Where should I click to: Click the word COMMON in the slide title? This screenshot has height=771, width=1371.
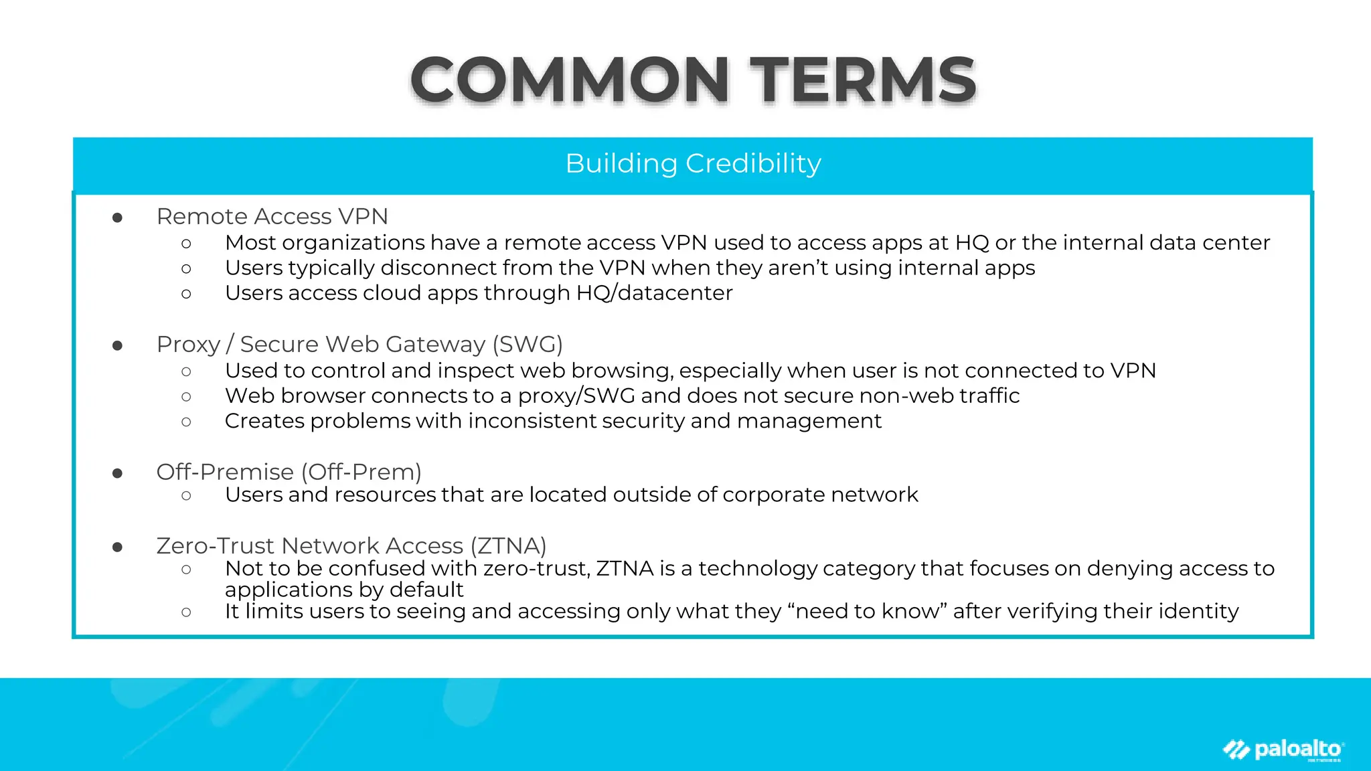(x=570, y=80)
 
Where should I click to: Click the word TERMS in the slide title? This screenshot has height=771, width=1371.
(x=863, y=80)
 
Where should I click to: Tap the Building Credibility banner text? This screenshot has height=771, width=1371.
(x=693, y=164)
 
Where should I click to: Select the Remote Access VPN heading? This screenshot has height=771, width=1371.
(x=272, y=217)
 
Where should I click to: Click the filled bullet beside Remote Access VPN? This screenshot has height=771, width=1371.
(x=118, y=218)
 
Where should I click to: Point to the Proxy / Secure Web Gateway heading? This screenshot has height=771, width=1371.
(x=359, y=345)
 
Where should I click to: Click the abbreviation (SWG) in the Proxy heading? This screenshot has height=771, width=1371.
(x=528, y=345)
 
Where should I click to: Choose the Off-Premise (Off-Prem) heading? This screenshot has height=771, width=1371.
(x=289, y=473)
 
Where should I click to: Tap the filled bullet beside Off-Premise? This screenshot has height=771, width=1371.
(x=118, y=474)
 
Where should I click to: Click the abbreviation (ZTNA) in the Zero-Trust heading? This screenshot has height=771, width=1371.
(x=508, y=546)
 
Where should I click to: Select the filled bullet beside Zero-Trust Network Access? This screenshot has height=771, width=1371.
(x=118, y=547)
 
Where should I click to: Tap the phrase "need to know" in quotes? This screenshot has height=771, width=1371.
(x=868, y=611)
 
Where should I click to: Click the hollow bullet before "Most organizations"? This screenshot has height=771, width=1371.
(x=186, y=244)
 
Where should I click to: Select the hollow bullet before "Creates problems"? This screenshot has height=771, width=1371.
(x=186, y=422)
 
